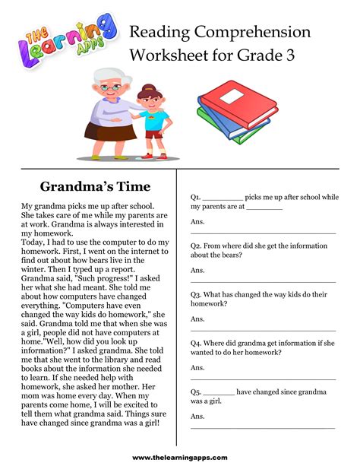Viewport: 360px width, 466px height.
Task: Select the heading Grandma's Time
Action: (95, 186)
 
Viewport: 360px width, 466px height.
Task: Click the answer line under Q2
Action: (263, 282)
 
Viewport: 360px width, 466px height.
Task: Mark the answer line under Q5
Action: (263, 428)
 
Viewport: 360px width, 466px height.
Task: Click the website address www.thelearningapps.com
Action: (180, 457)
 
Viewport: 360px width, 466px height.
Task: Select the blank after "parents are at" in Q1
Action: (264, 208)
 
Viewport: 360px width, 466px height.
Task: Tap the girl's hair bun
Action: (149, 88)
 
